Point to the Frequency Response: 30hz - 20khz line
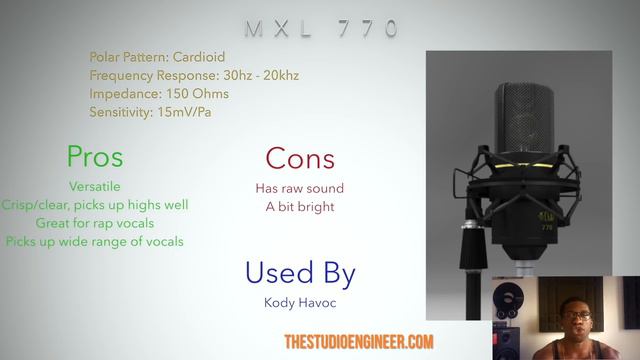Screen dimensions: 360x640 (194, 75)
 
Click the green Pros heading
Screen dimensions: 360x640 (95, 156)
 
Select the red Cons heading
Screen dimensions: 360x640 (300, 158)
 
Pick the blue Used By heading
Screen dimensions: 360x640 (300, 272)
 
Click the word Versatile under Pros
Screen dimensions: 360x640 (95, 187)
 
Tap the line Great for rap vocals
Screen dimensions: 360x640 (95, 223)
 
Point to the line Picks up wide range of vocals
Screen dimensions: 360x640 (95, 241)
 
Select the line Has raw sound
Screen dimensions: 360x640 (300, 188)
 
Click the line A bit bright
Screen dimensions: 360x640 (300, 207)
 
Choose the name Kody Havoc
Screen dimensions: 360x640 (300, 301)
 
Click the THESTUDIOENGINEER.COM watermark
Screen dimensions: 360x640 (359, 342)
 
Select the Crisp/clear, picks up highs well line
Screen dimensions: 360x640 (95, 205)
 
